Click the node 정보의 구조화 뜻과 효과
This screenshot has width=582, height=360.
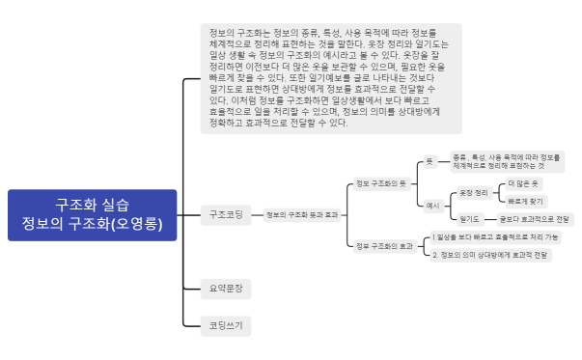point(301,213)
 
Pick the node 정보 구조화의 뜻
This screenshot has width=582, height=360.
point(381,182)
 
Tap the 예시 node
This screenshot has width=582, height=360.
point(433,206)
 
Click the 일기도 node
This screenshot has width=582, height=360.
point(470,219)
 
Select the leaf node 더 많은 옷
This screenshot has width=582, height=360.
point(523,183)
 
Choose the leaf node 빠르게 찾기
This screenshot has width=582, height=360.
point(525,201)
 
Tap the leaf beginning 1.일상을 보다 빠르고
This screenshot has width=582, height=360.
point(496,236)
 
